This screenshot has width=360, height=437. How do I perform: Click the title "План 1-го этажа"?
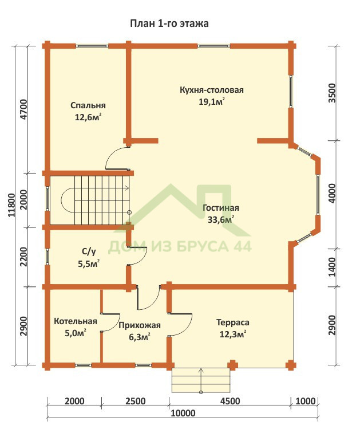tap(169, 23)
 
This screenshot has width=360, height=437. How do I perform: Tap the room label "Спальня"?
tap(88, 105)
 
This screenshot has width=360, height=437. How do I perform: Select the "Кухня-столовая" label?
tap(212, 90)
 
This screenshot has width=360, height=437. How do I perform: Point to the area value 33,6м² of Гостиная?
tap(221, 219)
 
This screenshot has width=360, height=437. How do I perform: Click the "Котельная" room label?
tap(76, 321)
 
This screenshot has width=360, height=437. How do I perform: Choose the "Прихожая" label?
tap(140, 325)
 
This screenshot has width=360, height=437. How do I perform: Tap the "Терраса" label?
tap(233, 322)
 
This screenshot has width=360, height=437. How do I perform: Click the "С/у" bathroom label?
tap(89, 251)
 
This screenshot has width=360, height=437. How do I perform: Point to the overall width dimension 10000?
tap(183, 413)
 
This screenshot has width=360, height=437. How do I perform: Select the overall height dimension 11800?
tap(12, 205)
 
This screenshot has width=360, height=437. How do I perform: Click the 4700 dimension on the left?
tap(24, 109)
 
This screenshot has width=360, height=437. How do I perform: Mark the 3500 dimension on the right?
tap(332, 93)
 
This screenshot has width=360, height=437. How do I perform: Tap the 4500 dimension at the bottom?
tap(230, 401)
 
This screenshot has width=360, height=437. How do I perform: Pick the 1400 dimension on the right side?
tap(332, 267)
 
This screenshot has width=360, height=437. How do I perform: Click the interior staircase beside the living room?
tap(95, 200)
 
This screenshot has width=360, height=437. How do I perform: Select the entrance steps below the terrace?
tap(201, 380)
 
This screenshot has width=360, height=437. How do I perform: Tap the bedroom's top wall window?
tap(92, 46)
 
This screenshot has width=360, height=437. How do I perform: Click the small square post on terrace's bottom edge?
tap(232, 365)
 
